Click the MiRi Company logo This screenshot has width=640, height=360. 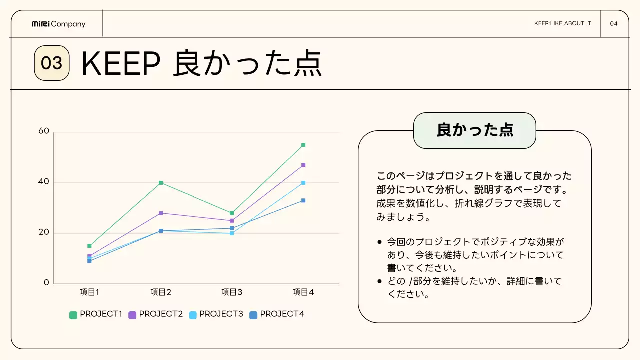pos(58,24)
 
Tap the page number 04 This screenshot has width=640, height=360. pos(614,24)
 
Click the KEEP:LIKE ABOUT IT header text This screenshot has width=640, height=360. pos(562,24)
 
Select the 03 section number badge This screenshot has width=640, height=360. pos(51,63)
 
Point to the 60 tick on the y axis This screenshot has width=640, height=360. pos(44,131)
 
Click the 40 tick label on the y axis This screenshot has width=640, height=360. pos(44,182)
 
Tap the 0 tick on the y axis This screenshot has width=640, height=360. pos(47,283)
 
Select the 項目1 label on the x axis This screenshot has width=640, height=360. pos(90,292)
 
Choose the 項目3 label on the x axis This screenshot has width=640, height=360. pos(232,292)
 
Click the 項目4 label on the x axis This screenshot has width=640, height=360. pos(303,292)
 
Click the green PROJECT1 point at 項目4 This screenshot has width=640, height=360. pos(303,145)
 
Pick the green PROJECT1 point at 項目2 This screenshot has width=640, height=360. pos(161,183)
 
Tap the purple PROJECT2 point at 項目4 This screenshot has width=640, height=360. pos(303,165)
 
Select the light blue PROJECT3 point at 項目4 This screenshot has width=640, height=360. pos(303,183)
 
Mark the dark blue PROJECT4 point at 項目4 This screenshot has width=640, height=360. pos(303,200)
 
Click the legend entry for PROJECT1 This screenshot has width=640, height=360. pos(96,314)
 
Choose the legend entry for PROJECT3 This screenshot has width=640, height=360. pos(216,314)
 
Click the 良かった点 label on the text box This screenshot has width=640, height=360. pos(474,130)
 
